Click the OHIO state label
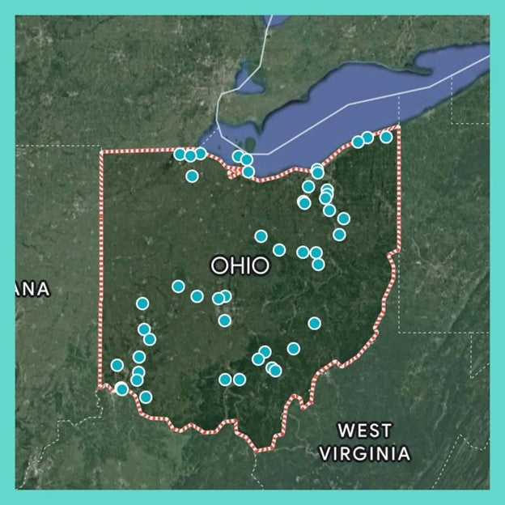click(x=240, y=265)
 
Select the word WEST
click(x=364, y=431)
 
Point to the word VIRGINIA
click(x=364, y=453)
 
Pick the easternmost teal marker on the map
click(x=386, y=137)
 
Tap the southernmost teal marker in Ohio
click(x=146, y=397)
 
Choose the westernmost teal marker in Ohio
click(x=117, y=365)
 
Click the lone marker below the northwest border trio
click(x=192, y=176)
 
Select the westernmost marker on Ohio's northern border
click(x=180, y=154)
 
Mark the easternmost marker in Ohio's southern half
click(x=314, y=323)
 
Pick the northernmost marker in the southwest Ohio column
click(x=142, y=303)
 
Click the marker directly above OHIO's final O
click(x=261, y=236)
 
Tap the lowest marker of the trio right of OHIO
click(x=318, y=264)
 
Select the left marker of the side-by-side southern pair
click(x=225, y=379)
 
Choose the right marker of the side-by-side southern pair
click(x=240, y=379)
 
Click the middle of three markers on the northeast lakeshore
click(x=367, y=138)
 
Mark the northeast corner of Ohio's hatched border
click(x=398, y=128)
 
